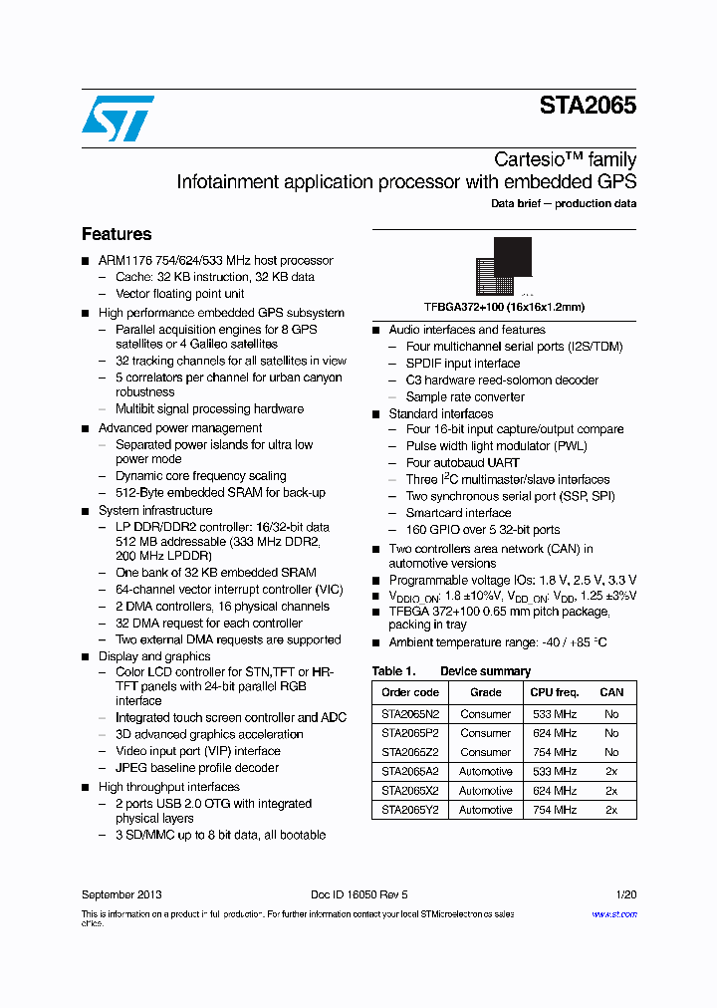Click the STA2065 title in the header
(588, 107)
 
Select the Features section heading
(117, 234)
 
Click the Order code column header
(410, 692)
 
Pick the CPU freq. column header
(554, 692)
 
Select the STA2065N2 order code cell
(410, 714)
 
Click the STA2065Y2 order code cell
(410, 810)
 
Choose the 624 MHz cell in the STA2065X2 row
(554, 791)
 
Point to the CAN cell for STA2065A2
(611, 772)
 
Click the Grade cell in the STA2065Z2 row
(485, 753)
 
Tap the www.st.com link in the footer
(613, 914)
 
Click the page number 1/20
(625, 894)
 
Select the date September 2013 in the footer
(121, 894)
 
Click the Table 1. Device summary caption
(451, 671)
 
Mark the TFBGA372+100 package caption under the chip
(504, 307)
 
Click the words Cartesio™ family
(566, 159)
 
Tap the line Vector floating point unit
(179, 294)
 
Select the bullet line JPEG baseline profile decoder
(197, 768)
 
